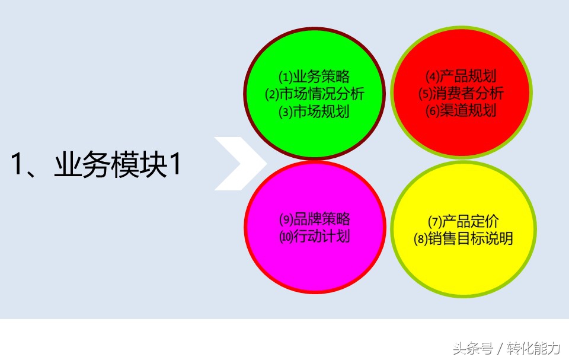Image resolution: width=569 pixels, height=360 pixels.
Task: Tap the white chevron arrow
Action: pos(239,164)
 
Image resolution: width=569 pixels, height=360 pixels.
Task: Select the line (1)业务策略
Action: pos(314,77)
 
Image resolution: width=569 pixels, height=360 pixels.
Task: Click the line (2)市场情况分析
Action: pos(314,94)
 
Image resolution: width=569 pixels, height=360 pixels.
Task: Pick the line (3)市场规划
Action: pos(314,111)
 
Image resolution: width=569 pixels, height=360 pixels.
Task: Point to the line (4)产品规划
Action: pos(461,77)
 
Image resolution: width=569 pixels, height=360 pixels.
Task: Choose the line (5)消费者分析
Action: pos(461,94)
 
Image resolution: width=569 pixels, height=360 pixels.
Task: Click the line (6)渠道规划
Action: pos(461,111)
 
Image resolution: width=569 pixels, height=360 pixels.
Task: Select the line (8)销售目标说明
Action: pos(463,238)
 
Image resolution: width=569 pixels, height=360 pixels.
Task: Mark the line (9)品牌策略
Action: pos(314,219)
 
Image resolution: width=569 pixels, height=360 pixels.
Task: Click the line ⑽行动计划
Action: pos(314,236)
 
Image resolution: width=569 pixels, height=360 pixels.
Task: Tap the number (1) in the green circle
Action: pos(286,77)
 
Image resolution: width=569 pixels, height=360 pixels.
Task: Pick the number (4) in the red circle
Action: pos(432,77)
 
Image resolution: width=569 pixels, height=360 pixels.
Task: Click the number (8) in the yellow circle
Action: pos(421,239)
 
